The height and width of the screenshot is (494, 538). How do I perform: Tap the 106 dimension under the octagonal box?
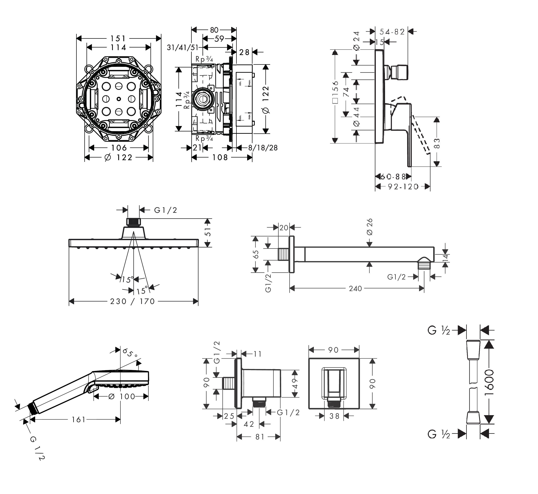coord(119,148)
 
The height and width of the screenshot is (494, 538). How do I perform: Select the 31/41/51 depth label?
coord(183,47)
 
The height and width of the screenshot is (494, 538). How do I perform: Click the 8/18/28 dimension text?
coord(263,148)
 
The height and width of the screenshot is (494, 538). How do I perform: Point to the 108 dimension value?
coord(220,158)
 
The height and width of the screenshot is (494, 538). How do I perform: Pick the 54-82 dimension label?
coord(392,32)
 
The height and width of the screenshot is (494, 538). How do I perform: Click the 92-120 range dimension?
coord(403,187)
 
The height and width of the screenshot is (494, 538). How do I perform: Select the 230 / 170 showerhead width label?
coord(133,302)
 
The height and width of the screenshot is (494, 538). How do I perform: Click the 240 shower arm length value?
coord(355,288)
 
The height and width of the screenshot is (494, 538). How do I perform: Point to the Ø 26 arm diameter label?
coord(370,227)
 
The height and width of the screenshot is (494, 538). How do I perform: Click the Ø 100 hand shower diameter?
coord(122,396)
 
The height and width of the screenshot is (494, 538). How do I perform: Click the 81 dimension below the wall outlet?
coord(260,437)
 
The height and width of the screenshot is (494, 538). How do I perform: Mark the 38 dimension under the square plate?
coord(334,416)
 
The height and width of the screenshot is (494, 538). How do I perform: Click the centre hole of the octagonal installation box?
coord(119,99)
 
